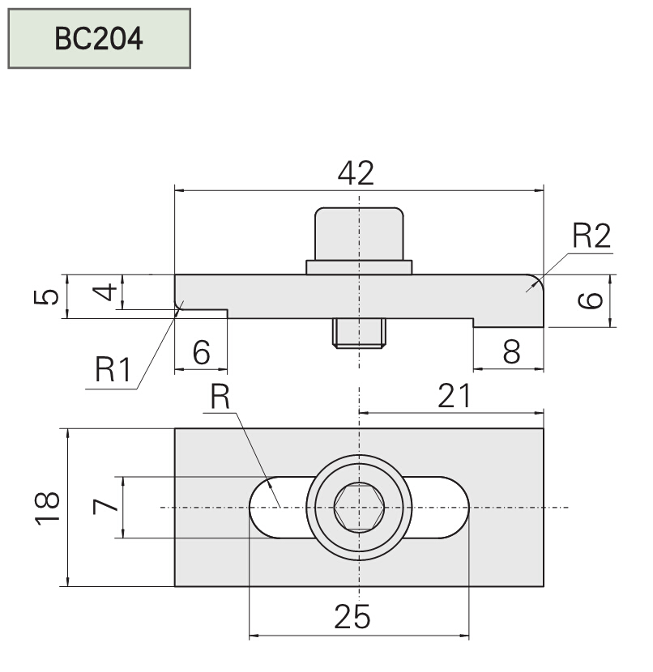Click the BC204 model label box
(x=99, y=38)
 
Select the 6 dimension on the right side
(x=592, y=300)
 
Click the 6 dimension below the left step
(x=201, y=352)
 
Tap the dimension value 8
(x=510, y=352)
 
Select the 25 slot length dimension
(x=352, y=618)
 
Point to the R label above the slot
(x=220, y=397)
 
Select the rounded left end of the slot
(x=263, y=508)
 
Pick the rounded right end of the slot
(x=454, y=508)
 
